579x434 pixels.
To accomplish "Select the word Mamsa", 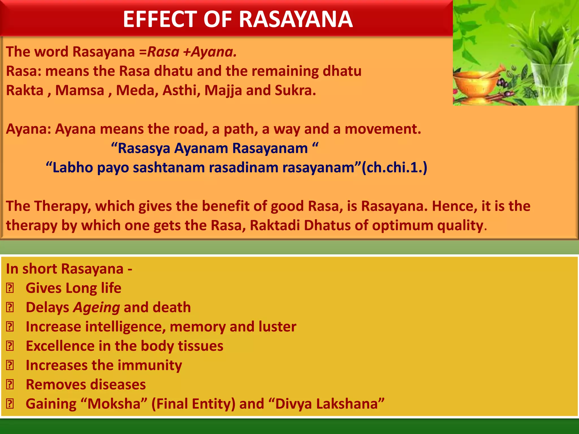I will (80, 90).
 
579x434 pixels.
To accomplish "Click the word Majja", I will (223, 90).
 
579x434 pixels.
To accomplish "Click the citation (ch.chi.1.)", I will (395, 168).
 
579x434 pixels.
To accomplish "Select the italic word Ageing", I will (96, 307).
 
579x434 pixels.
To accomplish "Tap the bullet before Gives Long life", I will (10, 288).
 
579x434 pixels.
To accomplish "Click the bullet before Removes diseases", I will (10, 385).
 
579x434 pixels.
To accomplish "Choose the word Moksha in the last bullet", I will (114, 404).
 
